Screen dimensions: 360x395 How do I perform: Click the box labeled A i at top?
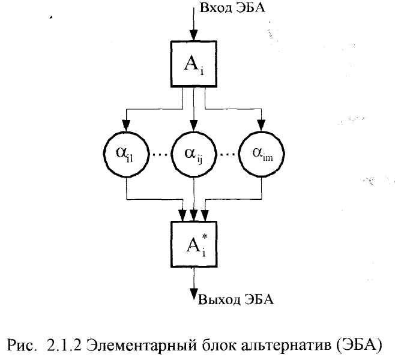pyautogui.click(x=194, y=64)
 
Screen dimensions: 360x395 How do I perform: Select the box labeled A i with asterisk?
pyautogui.click(x=194, y=244)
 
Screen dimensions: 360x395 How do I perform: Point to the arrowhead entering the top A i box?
pyautogui.click(x=194, y=37)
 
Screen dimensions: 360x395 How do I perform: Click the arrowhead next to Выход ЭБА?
pyautogui.click(x=194, y=293)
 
